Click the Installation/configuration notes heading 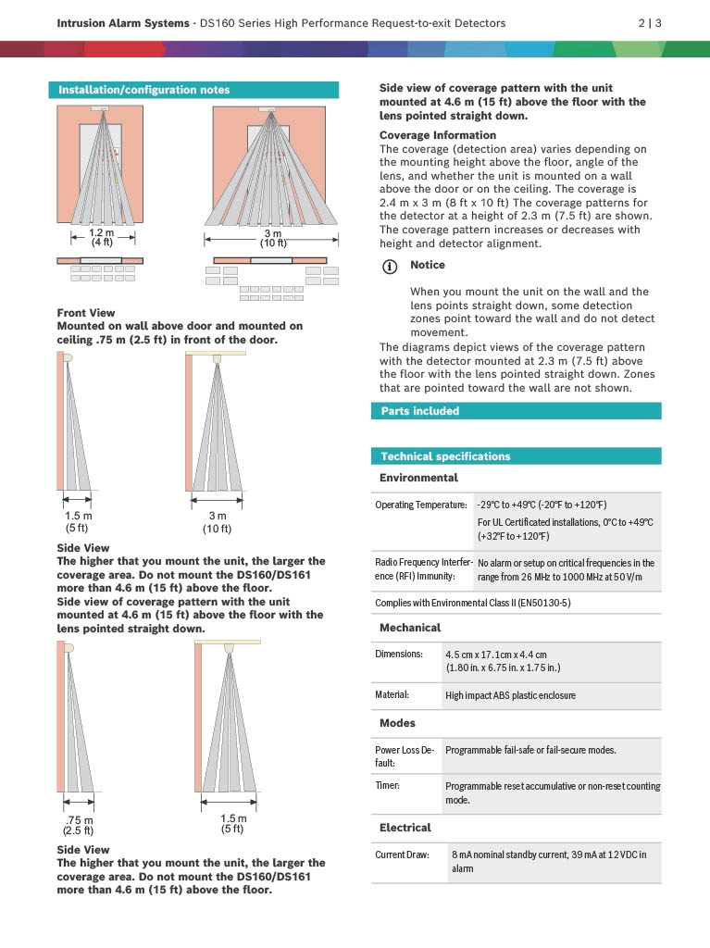coord(143,90)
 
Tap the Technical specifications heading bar coord(445,456)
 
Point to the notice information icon coord(391,266)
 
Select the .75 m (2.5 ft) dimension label coord(79,825)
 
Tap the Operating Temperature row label coord(420,505)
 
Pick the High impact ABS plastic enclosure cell coord(510,695)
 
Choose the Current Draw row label coord(402,854)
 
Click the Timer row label coord(387,786)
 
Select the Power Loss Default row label coord(404,756)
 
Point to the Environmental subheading coord(418,478)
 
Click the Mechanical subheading coord(410,628)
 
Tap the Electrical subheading coord(405,827)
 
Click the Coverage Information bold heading coord(438,135)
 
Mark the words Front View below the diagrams coord(86,313)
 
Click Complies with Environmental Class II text coord(472,603)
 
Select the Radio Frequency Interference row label coord(421,569)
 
